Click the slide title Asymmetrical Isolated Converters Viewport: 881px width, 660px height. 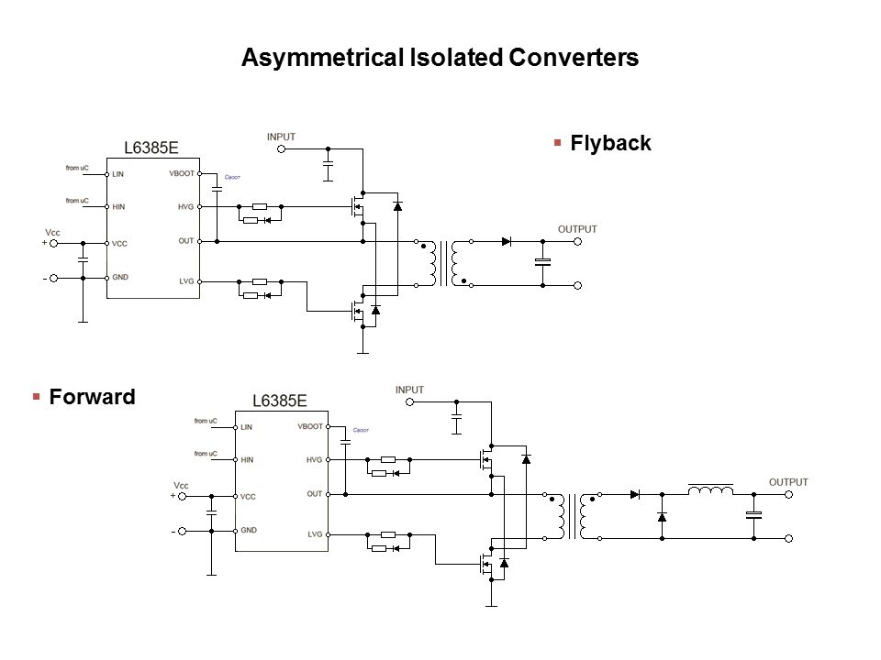pos(439,58)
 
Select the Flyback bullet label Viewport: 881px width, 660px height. pos(610,143)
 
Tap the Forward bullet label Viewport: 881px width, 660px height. pos(92,397)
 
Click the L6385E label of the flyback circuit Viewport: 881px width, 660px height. pos(151,147)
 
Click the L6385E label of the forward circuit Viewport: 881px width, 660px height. pos(279,401)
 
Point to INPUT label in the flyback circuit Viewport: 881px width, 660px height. pos(281,137)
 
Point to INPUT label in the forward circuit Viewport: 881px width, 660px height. pos(409,390)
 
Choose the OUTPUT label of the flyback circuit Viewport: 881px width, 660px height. pos(577,228)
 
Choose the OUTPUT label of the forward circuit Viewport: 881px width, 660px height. pos(788,481)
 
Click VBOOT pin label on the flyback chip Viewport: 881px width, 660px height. pos(182,173)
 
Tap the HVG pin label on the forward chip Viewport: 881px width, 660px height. pos(314,460)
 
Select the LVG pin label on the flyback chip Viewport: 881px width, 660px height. pos(186,281)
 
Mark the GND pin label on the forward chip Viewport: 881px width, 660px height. pos(249,530)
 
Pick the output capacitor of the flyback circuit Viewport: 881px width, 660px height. pos(542,263)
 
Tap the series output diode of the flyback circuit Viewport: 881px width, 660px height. pos(506,242)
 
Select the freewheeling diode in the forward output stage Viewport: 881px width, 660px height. pos(662,517)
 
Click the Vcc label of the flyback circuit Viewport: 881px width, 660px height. pos(52,233)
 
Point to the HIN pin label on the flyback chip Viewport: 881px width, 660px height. pos(118,207)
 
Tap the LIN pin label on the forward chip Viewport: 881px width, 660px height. pos(246,426)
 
